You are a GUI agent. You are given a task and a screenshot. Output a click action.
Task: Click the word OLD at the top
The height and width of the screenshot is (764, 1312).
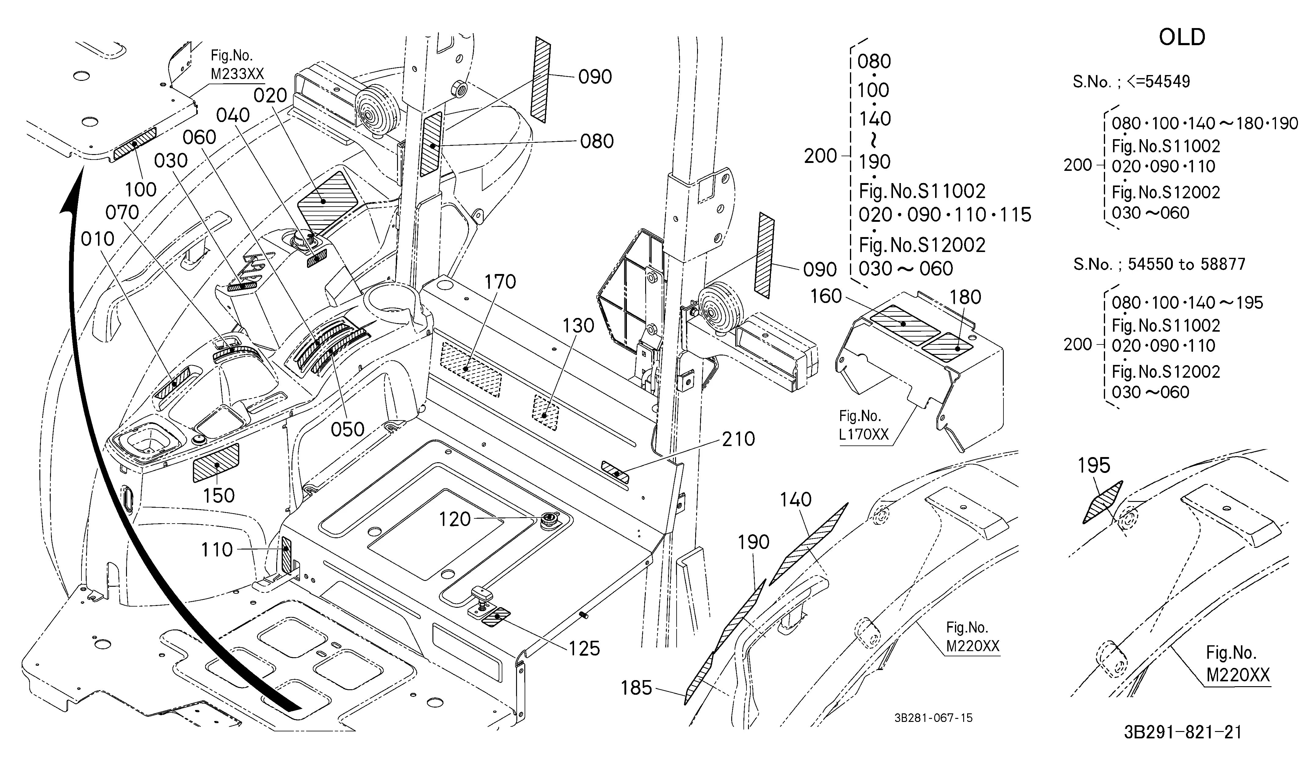[x=1182, y=37]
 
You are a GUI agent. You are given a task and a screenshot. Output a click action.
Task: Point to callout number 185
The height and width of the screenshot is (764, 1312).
[x=636, y=688]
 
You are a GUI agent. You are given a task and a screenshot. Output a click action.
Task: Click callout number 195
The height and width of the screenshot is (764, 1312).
[x=1094, y=465]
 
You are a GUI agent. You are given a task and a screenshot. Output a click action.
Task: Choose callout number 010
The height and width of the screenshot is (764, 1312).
[x=98, y=239]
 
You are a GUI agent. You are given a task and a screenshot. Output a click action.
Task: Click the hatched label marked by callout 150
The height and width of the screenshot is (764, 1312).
[x=216, y=463]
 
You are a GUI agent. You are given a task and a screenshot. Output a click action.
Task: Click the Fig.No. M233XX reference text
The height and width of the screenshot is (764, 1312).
[x=237, y=65]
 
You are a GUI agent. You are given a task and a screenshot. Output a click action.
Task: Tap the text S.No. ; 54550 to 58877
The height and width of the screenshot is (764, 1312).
[x=1159, y=265]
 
